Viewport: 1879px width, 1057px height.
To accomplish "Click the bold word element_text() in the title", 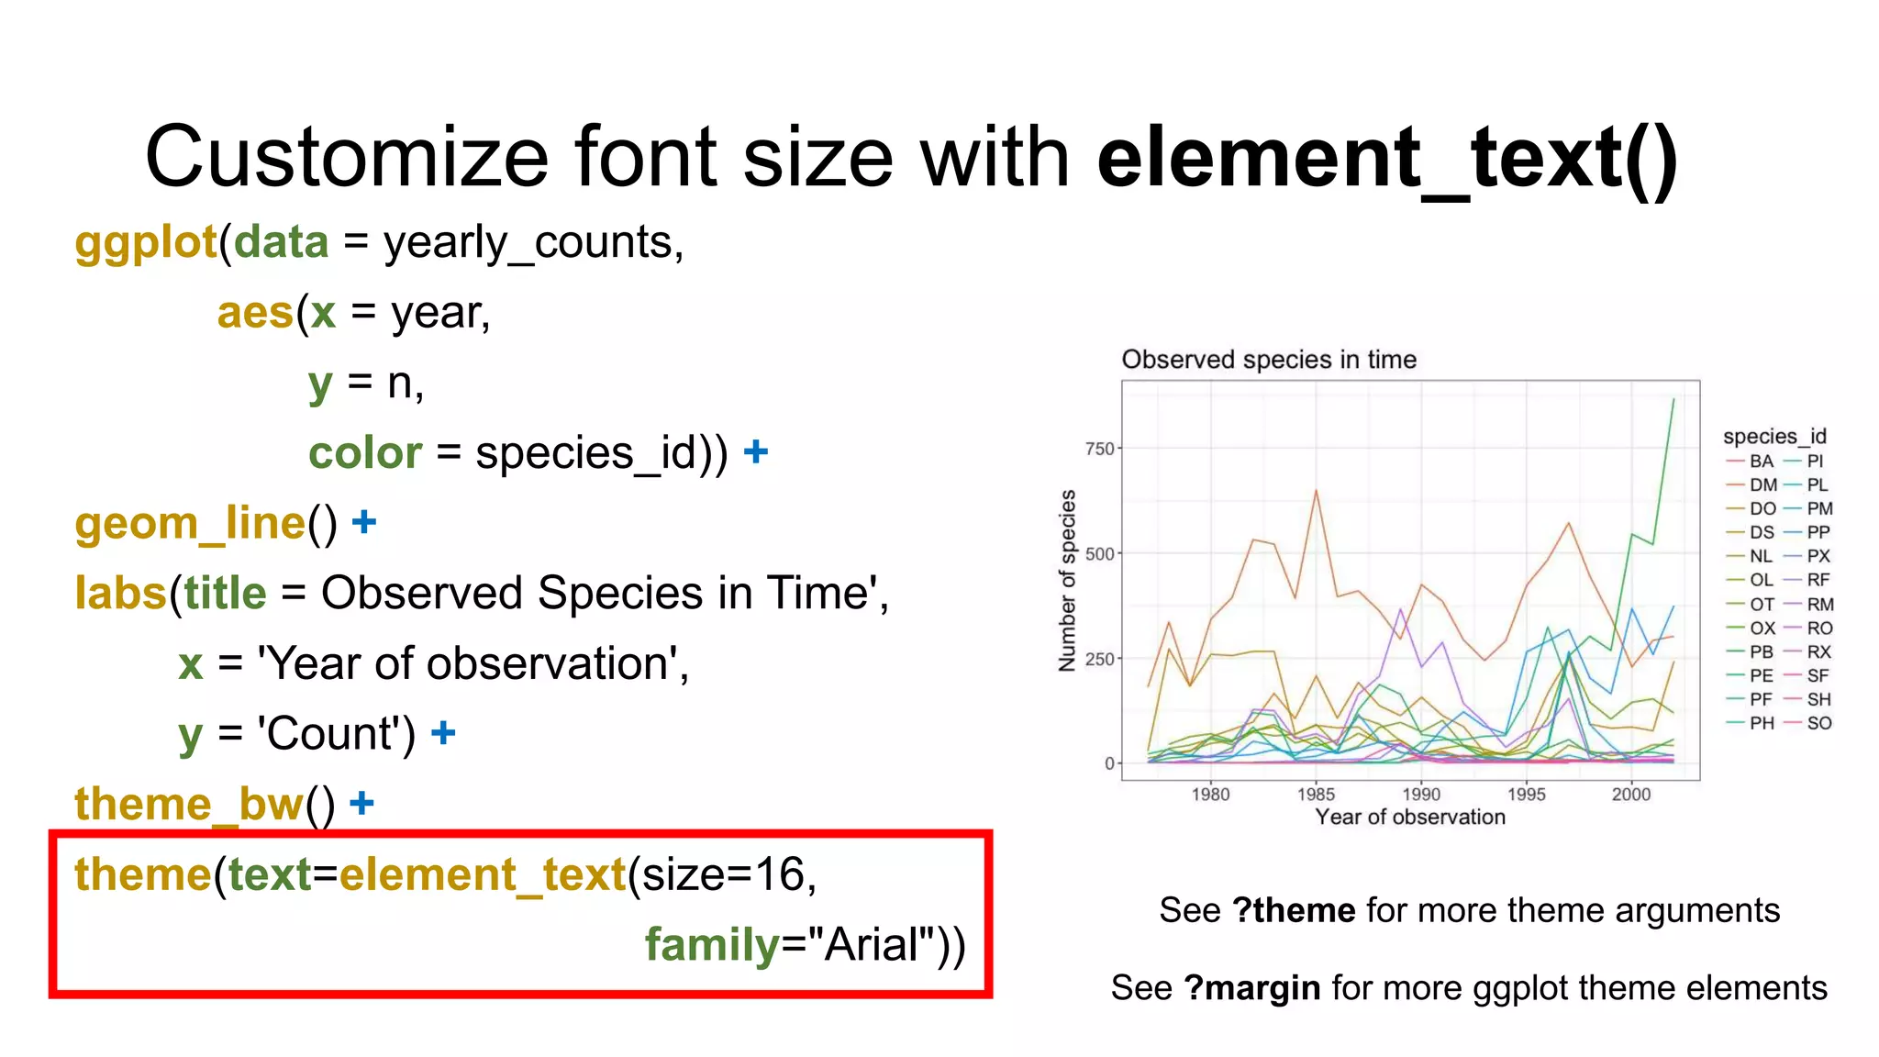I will click(x=1387, y=158).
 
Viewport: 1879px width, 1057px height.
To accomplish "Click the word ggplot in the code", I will click(x=146, y=243).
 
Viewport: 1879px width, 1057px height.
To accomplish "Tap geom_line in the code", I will click(x=189, y=523).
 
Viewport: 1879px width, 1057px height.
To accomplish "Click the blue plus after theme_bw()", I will click(x=362, y=803).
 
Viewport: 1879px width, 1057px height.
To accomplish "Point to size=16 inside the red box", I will click(x=720, y=873).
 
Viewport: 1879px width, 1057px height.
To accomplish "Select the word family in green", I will click(x=711, y=944).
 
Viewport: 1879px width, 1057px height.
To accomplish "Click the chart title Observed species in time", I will click(x=1268, y=360).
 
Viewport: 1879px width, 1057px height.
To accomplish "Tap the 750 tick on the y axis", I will click(x=1099, y=449).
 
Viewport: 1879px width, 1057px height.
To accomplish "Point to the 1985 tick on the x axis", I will click(x=1316, y=795).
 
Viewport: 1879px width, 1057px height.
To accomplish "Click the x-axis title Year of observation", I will click(x=1410, y=817).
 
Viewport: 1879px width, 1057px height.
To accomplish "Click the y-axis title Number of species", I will click(x=1067, y=580).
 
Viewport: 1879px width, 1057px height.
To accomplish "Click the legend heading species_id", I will click(x=1774, y=436).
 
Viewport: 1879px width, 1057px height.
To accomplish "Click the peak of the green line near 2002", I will click(x=1673, y=401).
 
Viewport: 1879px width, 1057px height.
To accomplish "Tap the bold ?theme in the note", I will click(x=1293, y=910).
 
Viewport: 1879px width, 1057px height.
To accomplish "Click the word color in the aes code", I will click(x=364, y=453).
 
